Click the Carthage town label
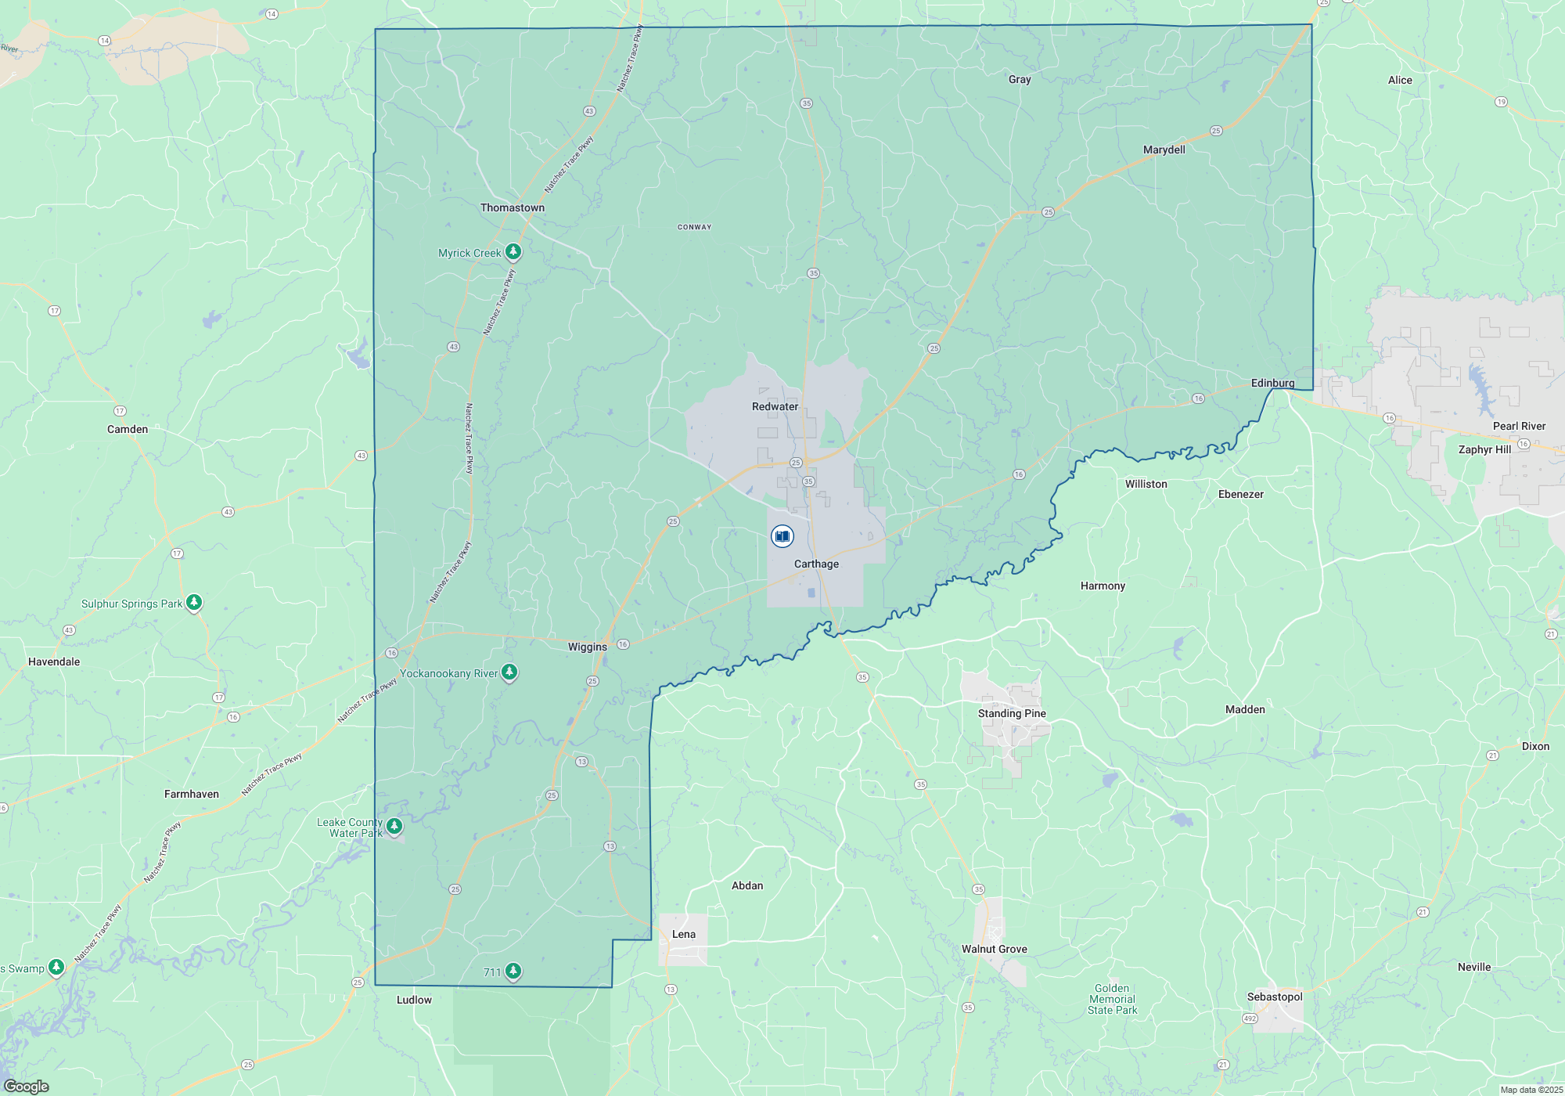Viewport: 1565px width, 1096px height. coord(816,564)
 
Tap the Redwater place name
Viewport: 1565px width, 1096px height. coord(775,406)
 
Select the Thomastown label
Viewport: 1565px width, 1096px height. coord(513,207)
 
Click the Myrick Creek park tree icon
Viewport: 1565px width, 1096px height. coord(513,251)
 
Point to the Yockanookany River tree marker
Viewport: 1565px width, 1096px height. coord(509,672)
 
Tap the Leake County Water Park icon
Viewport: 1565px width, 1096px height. coord(394,825)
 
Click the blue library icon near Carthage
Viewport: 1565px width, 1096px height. coord(782,536)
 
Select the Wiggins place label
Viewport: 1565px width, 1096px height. coord(588,647)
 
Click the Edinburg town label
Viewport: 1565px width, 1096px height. coord(1272,383)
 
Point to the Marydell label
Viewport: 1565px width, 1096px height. coord(1164,150)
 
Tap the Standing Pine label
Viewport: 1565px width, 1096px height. coord(1012,713)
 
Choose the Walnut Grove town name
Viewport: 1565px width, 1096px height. coord(994,949)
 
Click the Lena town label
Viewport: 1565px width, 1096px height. coord(683,934)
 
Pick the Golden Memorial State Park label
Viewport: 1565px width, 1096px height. coord(1112,999)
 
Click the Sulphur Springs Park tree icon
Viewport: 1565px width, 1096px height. coord(194,602)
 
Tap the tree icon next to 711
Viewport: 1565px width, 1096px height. coord(513,971)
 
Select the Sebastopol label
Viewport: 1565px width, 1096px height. coord(1275,997)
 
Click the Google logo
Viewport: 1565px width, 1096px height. coord(26,1087)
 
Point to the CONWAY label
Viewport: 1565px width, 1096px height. coord(694,227)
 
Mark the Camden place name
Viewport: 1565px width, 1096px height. coord(128,429)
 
